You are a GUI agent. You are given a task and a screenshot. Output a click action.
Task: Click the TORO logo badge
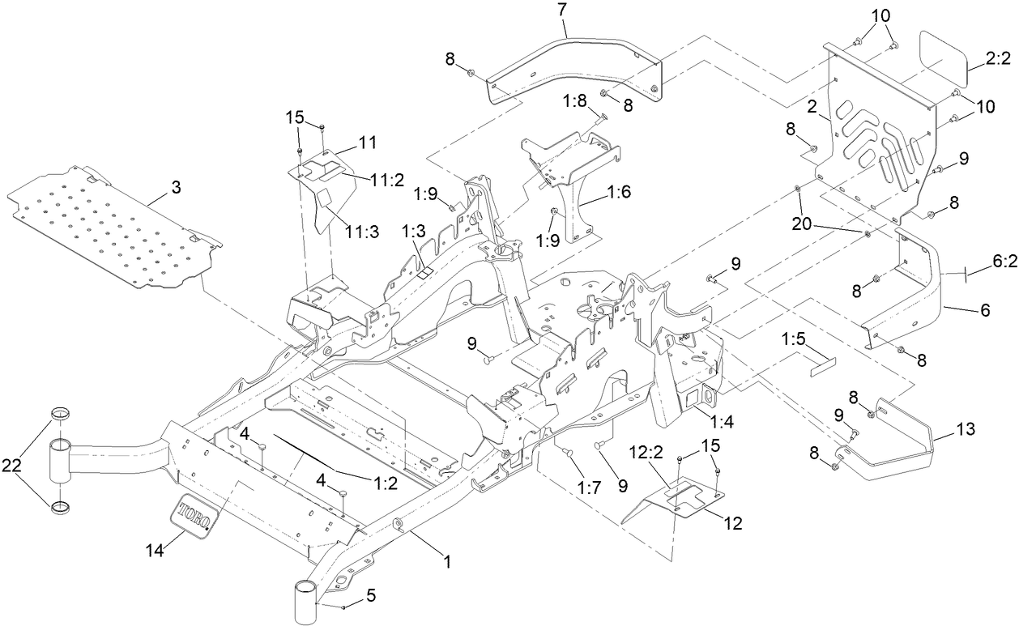[x=195, y=513]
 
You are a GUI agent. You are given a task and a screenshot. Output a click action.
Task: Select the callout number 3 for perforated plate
[x=175, y=187]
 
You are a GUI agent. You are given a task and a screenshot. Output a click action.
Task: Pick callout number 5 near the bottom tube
[x=370, y=595]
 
